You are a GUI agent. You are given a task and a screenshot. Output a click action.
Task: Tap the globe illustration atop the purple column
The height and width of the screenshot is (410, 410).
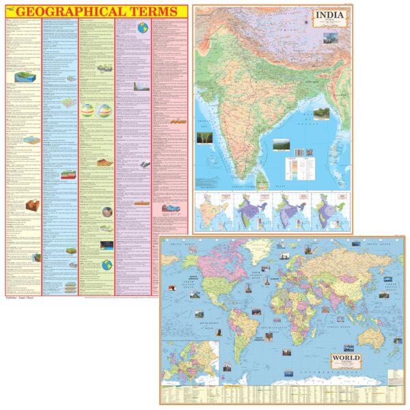[143, 28]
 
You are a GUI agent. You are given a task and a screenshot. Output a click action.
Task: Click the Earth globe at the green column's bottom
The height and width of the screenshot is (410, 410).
[107, 264]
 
